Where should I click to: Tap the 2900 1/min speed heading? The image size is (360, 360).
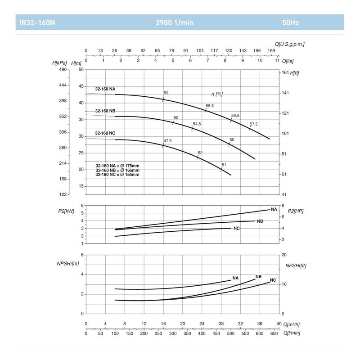coord(175,22)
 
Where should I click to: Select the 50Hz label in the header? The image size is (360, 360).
coord(290,22)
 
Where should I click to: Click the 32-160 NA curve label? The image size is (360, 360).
coord(105,89)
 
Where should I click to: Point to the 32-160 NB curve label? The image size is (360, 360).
coord(105,111)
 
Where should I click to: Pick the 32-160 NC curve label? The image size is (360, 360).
coord(105,133)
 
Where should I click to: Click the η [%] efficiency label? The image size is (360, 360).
coord(217,94)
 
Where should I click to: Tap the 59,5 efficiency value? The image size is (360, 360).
coord(235,116)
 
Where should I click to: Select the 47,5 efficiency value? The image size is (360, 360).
coord(167,141)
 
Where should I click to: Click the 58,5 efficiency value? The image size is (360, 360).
coord(210,106)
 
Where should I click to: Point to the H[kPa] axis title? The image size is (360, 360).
coord(60,63)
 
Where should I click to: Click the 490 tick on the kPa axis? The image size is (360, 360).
coord(63,70)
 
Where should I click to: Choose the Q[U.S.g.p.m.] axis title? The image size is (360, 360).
coord(290,44)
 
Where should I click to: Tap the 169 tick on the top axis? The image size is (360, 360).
coord(271,51)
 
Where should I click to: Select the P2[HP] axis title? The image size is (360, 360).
coord(295,211)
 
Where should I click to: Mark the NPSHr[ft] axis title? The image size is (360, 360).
coord(295,265)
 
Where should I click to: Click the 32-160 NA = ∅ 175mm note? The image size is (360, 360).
coord(117,166)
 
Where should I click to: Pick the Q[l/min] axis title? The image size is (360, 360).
coord(292,333)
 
